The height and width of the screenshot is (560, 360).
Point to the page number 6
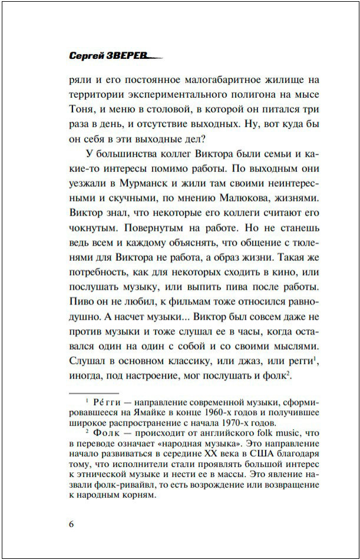pyautogui.click(x=72, y=525)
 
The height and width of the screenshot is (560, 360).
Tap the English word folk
pyautogui.click(x=245, y=433)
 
